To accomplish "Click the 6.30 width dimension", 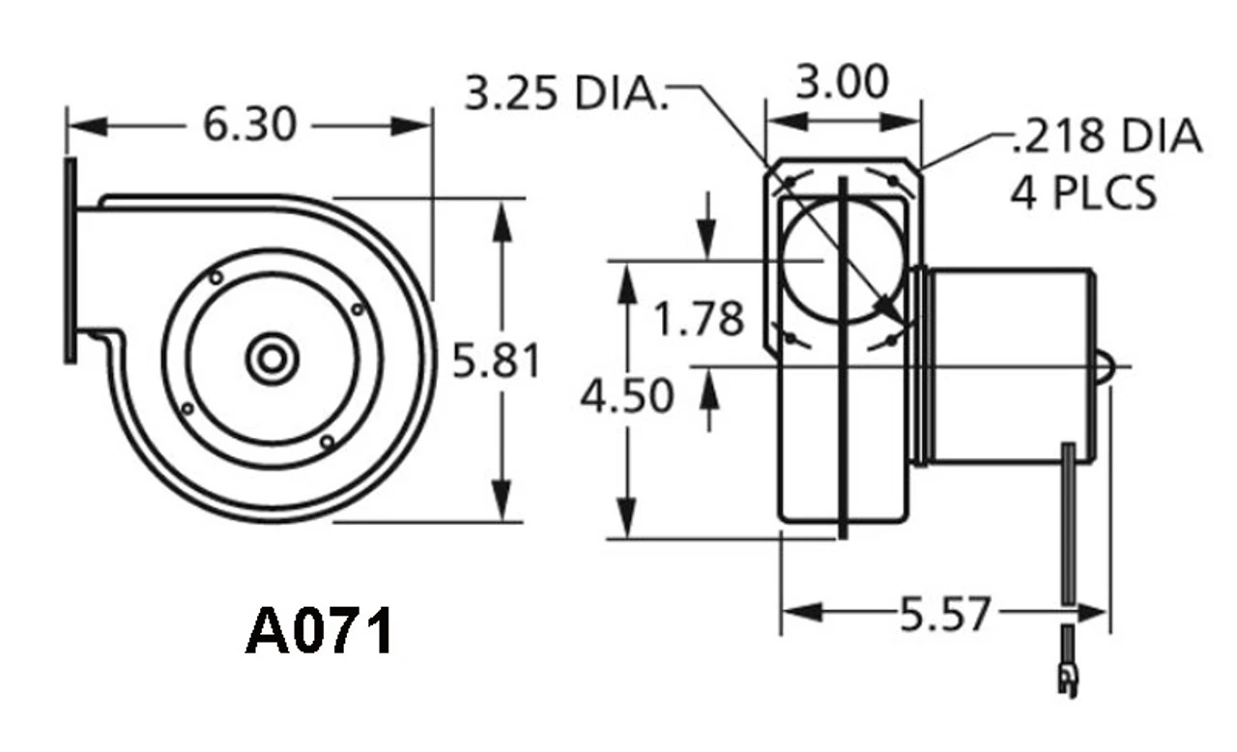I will [x=249, y=125].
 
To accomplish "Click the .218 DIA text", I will [x=1107, y=137].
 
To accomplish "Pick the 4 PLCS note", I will [x=1083, y=193].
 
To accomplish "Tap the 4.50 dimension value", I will [x=627, y=396].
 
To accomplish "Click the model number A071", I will [x=320, y=633].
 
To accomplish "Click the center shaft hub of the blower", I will [x=271, y=360].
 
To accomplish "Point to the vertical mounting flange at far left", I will [x=70, y=261].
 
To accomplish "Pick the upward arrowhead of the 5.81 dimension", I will [x=501, y=218].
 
